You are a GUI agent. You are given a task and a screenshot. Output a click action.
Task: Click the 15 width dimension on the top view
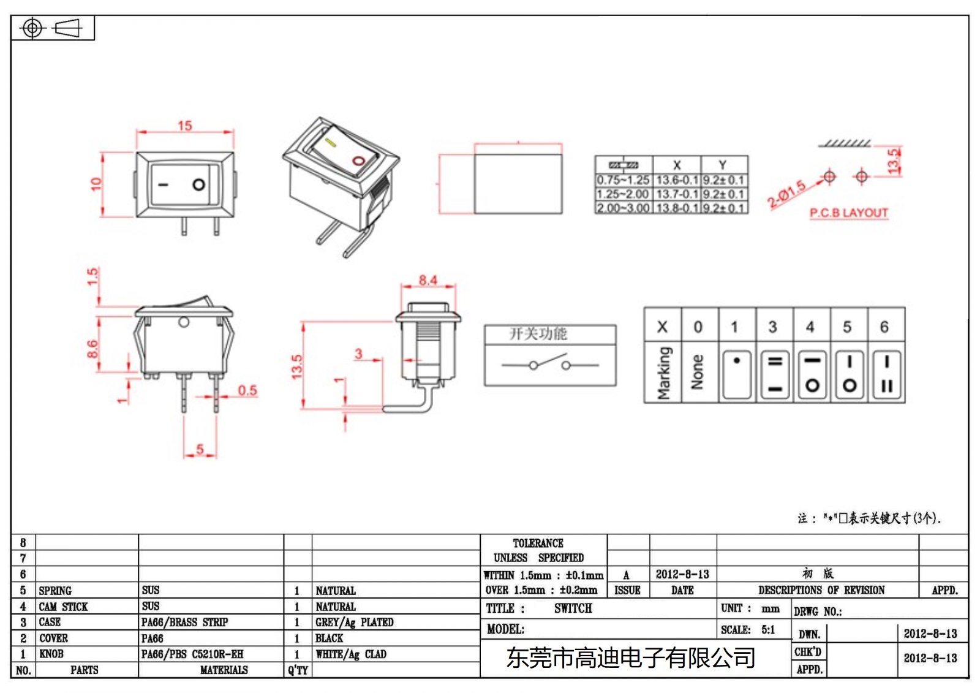(x=185, y=126)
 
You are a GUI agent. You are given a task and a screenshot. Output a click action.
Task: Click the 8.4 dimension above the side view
(x=428, y=281)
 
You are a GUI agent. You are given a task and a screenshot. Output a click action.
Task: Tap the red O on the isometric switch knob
(x=358, y=161)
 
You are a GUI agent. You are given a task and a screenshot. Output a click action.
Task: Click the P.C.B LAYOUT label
(x=848, y=213)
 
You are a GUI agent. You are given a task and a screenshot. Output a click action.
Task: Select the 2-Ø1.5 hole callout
(x=786, y=194)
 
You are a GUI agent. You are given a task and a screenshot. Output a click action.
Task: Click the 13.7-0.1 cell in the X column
(x=677, y=194)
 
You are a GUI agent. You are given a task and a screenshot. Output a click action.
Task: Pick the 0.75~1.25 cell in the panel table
(x=623, y=180)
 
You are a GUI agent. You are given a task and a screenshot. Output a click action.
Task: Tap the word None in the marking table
(x=698, y=371)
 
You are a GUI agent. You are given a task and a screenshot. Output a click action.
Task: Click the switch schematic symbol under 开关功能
(x=549, y=363)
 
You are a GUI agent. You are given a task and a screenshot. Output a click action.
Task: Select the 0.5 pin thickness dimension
(x=247, y=390)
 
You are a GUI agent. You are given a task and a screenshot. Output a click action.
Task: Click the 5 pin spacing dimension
(x=200, y=449)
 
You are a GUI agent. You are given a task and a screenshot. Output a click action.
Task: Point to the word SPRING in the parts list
(x=55, y=591)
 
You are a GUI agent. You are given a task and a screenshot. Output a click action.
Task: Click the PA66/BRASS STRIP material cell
(x=184, y=623)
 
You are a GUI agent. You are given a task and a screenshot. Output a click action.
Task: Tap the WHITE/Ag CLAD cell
(x=351, y=654)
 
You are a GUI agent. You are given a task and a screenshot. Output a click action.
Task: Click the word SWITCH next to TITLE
(x=573, y=608)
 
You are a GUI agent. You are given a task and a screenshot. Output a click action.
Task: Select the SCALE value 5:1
(x=768, y=630)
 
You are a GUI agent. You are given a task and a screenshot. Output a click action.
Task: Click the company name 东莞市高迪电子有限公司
(x=630, y=658)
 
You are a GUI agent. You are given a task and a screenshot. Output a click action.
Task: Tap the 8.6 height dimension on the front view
(x=92, y=349)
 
